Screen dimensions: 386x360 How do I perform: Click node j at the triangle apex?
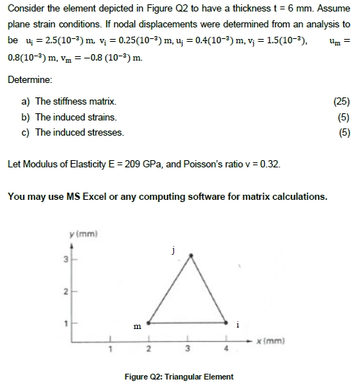coord(191,254)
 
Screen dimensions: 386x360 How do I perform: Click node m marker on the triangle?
coord(149,323)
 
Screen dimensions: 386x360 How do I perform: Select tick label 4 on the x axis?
coord(227,350)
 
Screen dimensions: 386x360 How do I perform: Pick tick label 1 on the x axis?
coord(110,350)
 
